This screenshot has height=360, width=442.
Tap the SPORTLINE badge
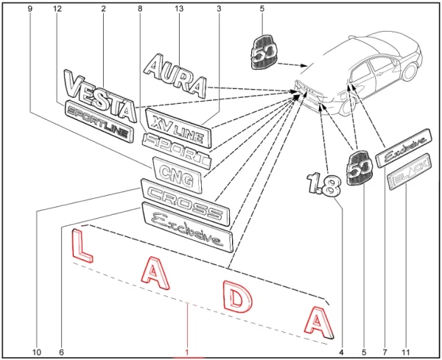tap(98, 121)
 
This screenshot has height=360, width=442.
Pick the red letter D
tap(236, 298)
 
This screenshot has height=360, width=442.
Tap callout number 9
tap(29, 8)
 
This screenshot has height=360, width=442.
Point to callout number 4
tap(340, 351)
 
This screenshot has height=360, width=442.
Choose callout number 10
tap(36, 351)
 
